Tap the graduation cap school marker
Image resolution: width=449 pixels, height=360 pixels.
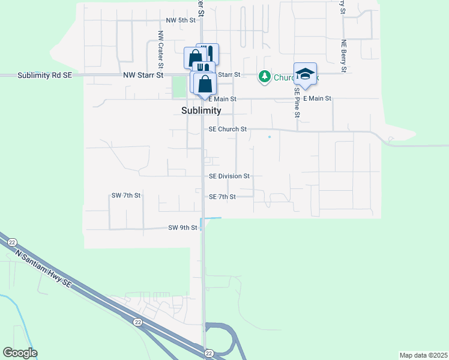point(305,74)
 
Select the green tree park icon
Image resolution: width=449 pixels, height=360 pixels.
point(264,76)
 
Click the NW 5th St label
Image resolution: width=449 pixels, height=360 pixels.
point(181,20)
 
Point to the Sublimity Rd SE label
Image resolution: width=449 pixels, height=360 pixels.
point(44,75)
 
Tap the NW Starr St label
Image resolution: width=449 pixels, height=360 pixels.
point(143,75)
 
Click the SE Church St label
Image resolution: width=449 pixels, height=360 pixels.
point(228,129)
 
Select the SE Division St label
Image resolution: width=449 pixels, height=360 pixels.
point(229,176)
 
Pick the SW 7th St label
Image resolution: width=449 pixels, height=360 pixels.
point(125,196)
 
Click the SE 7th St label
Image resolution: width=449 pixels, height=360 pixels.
point(222,197)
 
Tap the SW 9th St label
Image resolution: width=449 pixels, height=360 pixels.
point(182,228)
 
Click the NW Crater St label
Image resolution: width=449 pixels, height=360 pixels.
point(161,47)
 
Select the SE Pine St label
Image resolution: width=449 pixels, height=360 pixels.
point(297,101)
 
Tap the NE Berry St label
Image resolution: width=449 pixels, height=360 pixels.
point(343,56)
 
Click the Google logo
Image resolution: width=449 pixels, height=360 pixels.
point(20,353)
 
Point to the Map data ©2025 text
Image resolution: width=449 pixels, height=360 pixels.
point(423,355)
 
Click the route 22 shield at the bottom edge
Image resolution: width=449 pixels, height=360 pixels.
point(209,353)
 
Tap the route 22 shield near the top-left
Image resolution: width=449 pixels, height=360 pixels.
point(12,242)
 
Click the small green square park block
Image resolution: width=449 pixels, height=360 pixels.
point(178,87)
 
